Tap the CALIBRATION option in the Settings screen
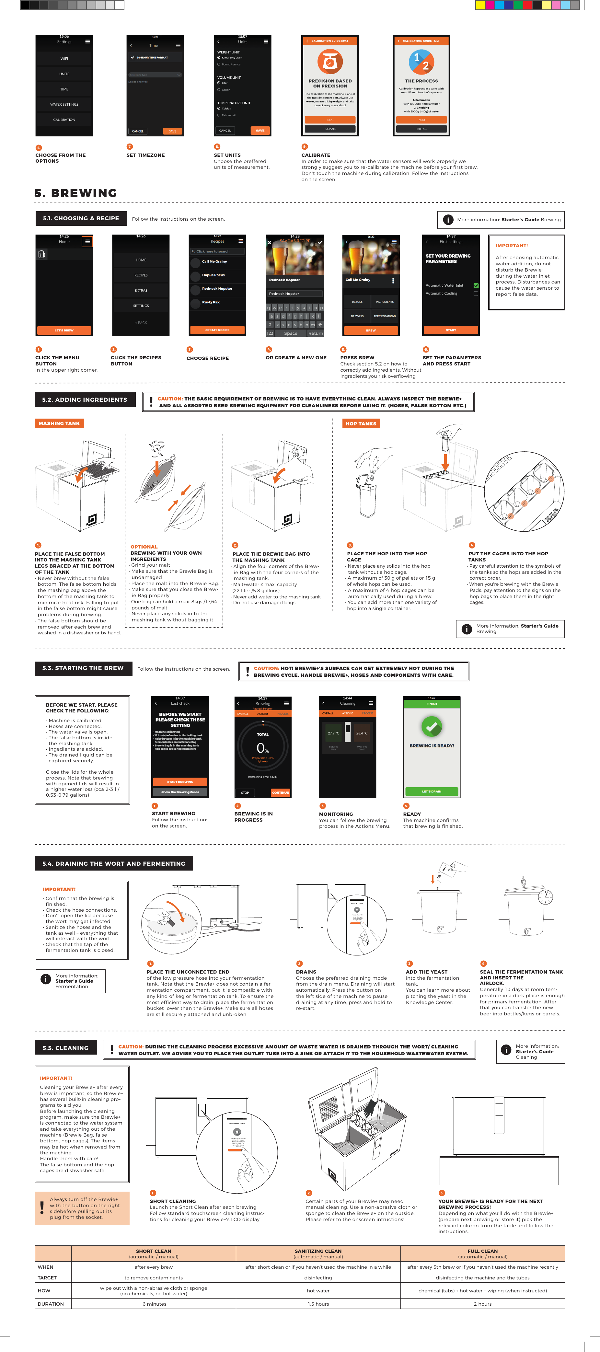tap(64, 120)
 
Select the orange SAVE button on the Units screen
tap(260, 131)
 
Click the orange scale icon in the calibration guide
tap(330, 62)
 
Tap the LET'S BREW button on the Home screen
tap(64, 330)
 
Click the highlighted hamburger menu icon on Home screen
tap(87, 241)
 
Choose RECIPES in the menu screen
tap(141, 275)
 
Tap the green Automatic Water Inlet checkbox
tap(476, 285)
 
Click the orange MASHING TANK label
tap(59, 423)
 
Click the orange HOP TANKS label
tap(361, 423)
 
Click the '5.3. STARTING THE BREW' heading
tap(83, 668)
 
